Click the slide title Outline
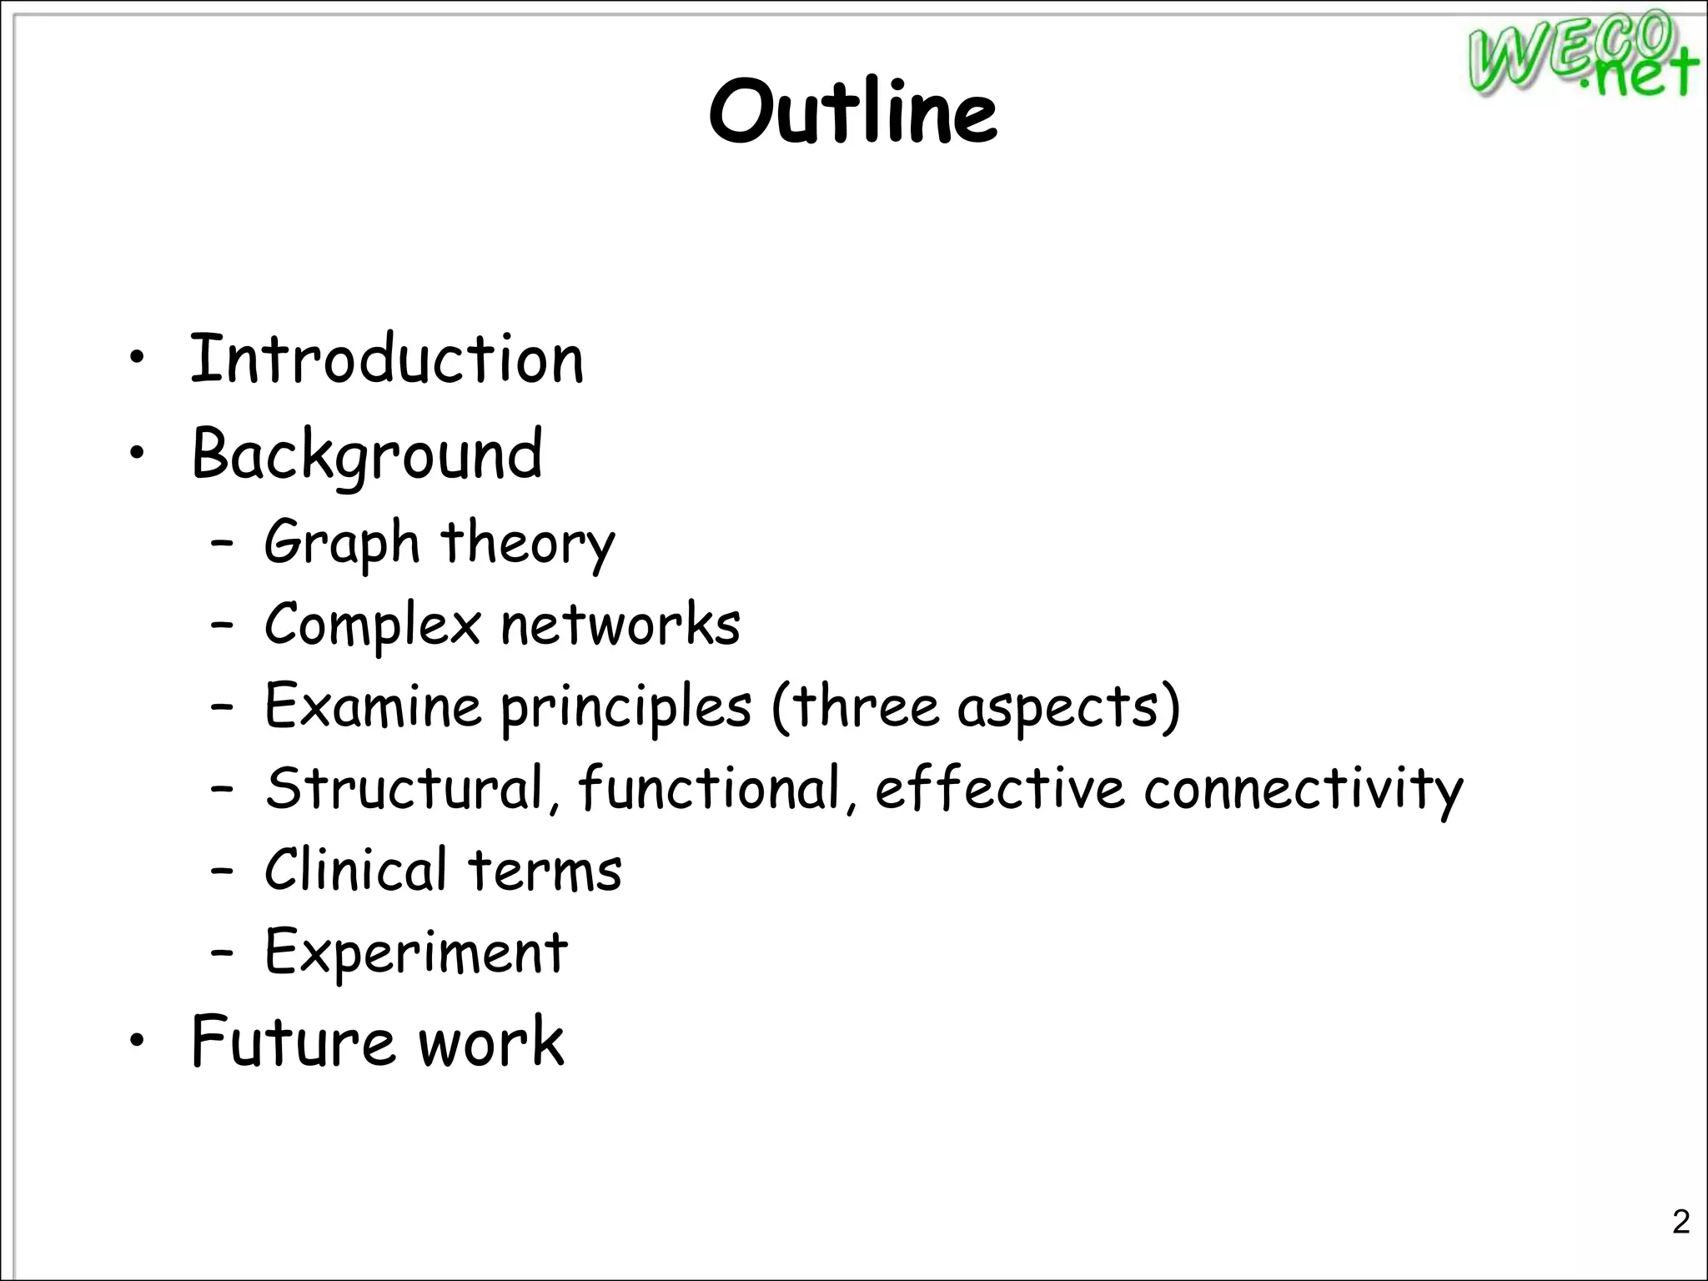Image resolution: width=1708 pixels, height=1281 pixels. point(852,112)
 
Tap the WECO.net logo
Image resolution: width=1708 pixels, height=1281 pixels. point(1581,55)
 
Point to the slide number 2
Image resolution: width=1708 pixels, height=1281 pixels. point(1680,1222)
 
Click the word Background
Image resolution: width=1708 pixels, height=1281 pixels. point(367,455)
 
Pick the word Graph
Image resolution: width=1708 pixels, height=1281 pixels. point(342,543)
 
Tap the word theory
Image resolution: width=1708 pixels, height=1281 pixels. point(528,543)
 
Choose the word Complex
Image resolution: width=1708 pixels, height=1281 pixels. point(373,625)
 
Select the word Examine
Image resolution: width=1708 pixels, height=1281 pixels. point(373,706)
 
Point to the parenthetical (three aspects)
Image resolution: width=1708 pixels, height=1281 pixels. point(976,707)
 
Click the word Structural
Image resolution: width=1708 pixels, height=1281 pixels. point(404,787)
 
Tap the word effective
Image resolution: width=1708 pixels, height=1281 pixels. point(1000,787)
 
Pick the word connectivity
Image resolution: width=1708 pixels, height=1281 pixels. point(1303,789)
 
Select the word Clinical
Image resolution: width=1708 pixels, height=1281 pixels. point(356,869)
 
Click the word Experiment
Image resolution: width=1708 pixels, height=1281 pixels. point(416,952)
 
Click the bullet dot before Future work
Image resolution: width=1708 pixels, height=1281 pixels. point(138,1041)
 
